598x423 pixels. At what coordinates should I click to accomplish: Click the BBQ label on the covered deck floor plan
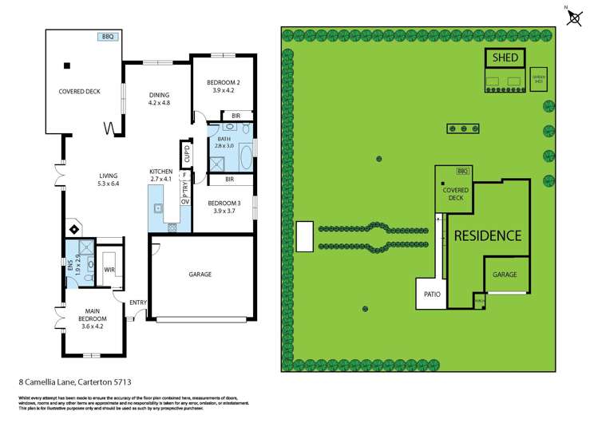[106, 37]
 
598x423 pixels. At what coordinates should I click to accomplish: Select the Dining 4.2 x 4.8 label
[160, 98]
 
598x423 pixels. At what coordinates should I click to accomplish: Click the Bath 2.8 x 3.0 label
[224, 143]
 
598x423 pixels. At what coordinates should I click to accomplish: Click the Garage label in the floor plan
[200, 274]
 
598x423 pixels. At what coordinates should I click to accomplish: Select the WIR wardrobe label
[109, 271]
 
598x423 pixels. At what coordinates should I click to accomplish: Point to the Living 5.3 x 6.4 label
[109, 180]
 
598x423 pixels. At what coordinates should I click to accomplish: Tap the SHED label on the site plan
[505, 58]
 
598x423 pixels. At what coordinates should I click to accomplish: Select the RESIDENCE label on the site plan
[488, 235]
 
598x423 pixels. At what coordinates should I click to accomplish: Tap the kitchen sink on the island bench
[159, 209]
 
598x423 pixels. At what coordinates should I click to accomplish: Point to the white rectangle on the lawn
[305, 236]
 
